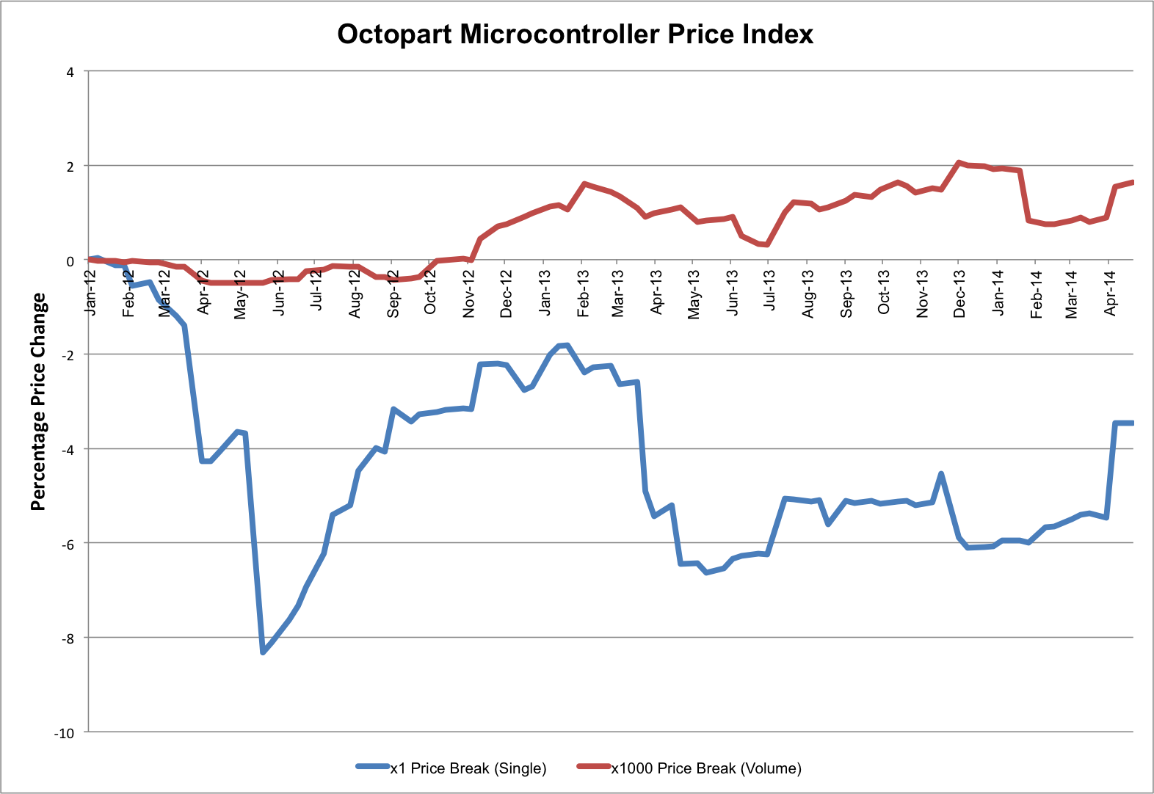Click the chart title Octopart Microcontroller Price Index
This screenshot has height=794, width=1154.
tap(575, 34)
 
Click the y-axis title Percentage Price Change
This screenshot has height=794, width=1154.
tap(38, 401)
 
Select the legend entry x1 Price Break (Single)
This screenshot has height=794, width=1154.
tap(468, 768)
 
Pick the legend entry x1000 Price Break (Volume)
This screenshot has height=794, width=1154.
tap(705, 768)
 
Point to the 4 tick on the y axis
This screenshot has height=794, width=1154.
tap(70, 72)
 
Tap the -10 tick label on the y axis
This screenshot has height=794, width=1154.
tap(65, 733)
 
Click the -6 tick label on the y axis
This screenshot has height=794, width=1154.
tap(68, 544)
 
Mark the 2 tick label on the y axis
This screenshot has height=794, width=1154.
tap(70, 167)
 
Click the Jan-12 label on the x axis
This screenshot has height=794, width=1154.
tap(90, 293)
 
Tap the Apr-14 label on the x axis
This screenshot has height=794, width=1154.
tap(1110, 293)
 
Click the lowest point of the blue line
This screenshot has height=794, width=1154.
tap(263, 652)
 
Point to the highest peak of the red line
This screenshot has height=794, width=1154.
tap(959, 162)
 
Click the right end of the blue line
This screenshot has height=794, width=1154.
tap(1133, 423)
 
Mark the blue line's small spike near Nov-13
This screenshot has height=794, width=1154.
tap(941, 474)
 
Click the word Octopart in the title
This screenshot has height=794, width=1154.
tap(395, 34)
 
